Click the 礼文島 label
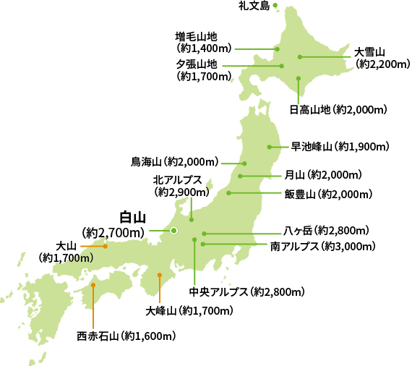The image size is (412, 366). click(x=254, y=7)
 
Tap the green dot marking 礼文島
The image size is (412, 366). click(x=275, y=6)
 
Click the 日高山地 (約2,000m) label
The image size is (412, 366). click(x=338, y=110)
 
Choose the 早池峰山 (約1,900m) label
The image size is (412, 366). click(x=340, y=146)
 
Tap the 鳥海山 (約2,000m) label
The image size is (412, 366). click(x=174, y=161)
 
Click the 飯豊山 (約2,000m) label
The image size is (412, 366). click(x=328, y=194)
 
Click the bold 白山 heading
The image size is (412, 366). click(x=132, y=217)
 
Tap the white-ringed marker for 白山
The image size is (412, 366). click(x=173, y=231)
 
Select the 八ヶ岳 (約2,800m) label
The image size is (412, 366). click(x=326, y=231)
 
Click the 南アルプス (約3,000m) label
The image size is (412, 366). click(x=323, y=247)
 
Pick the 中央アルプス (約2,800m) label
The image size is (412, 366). click(x=246, y=292)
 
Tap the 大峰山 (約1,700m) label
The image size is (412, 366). click(x=189, y=311)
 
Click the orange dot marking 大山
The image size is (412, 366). click(x=106, y=247)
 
